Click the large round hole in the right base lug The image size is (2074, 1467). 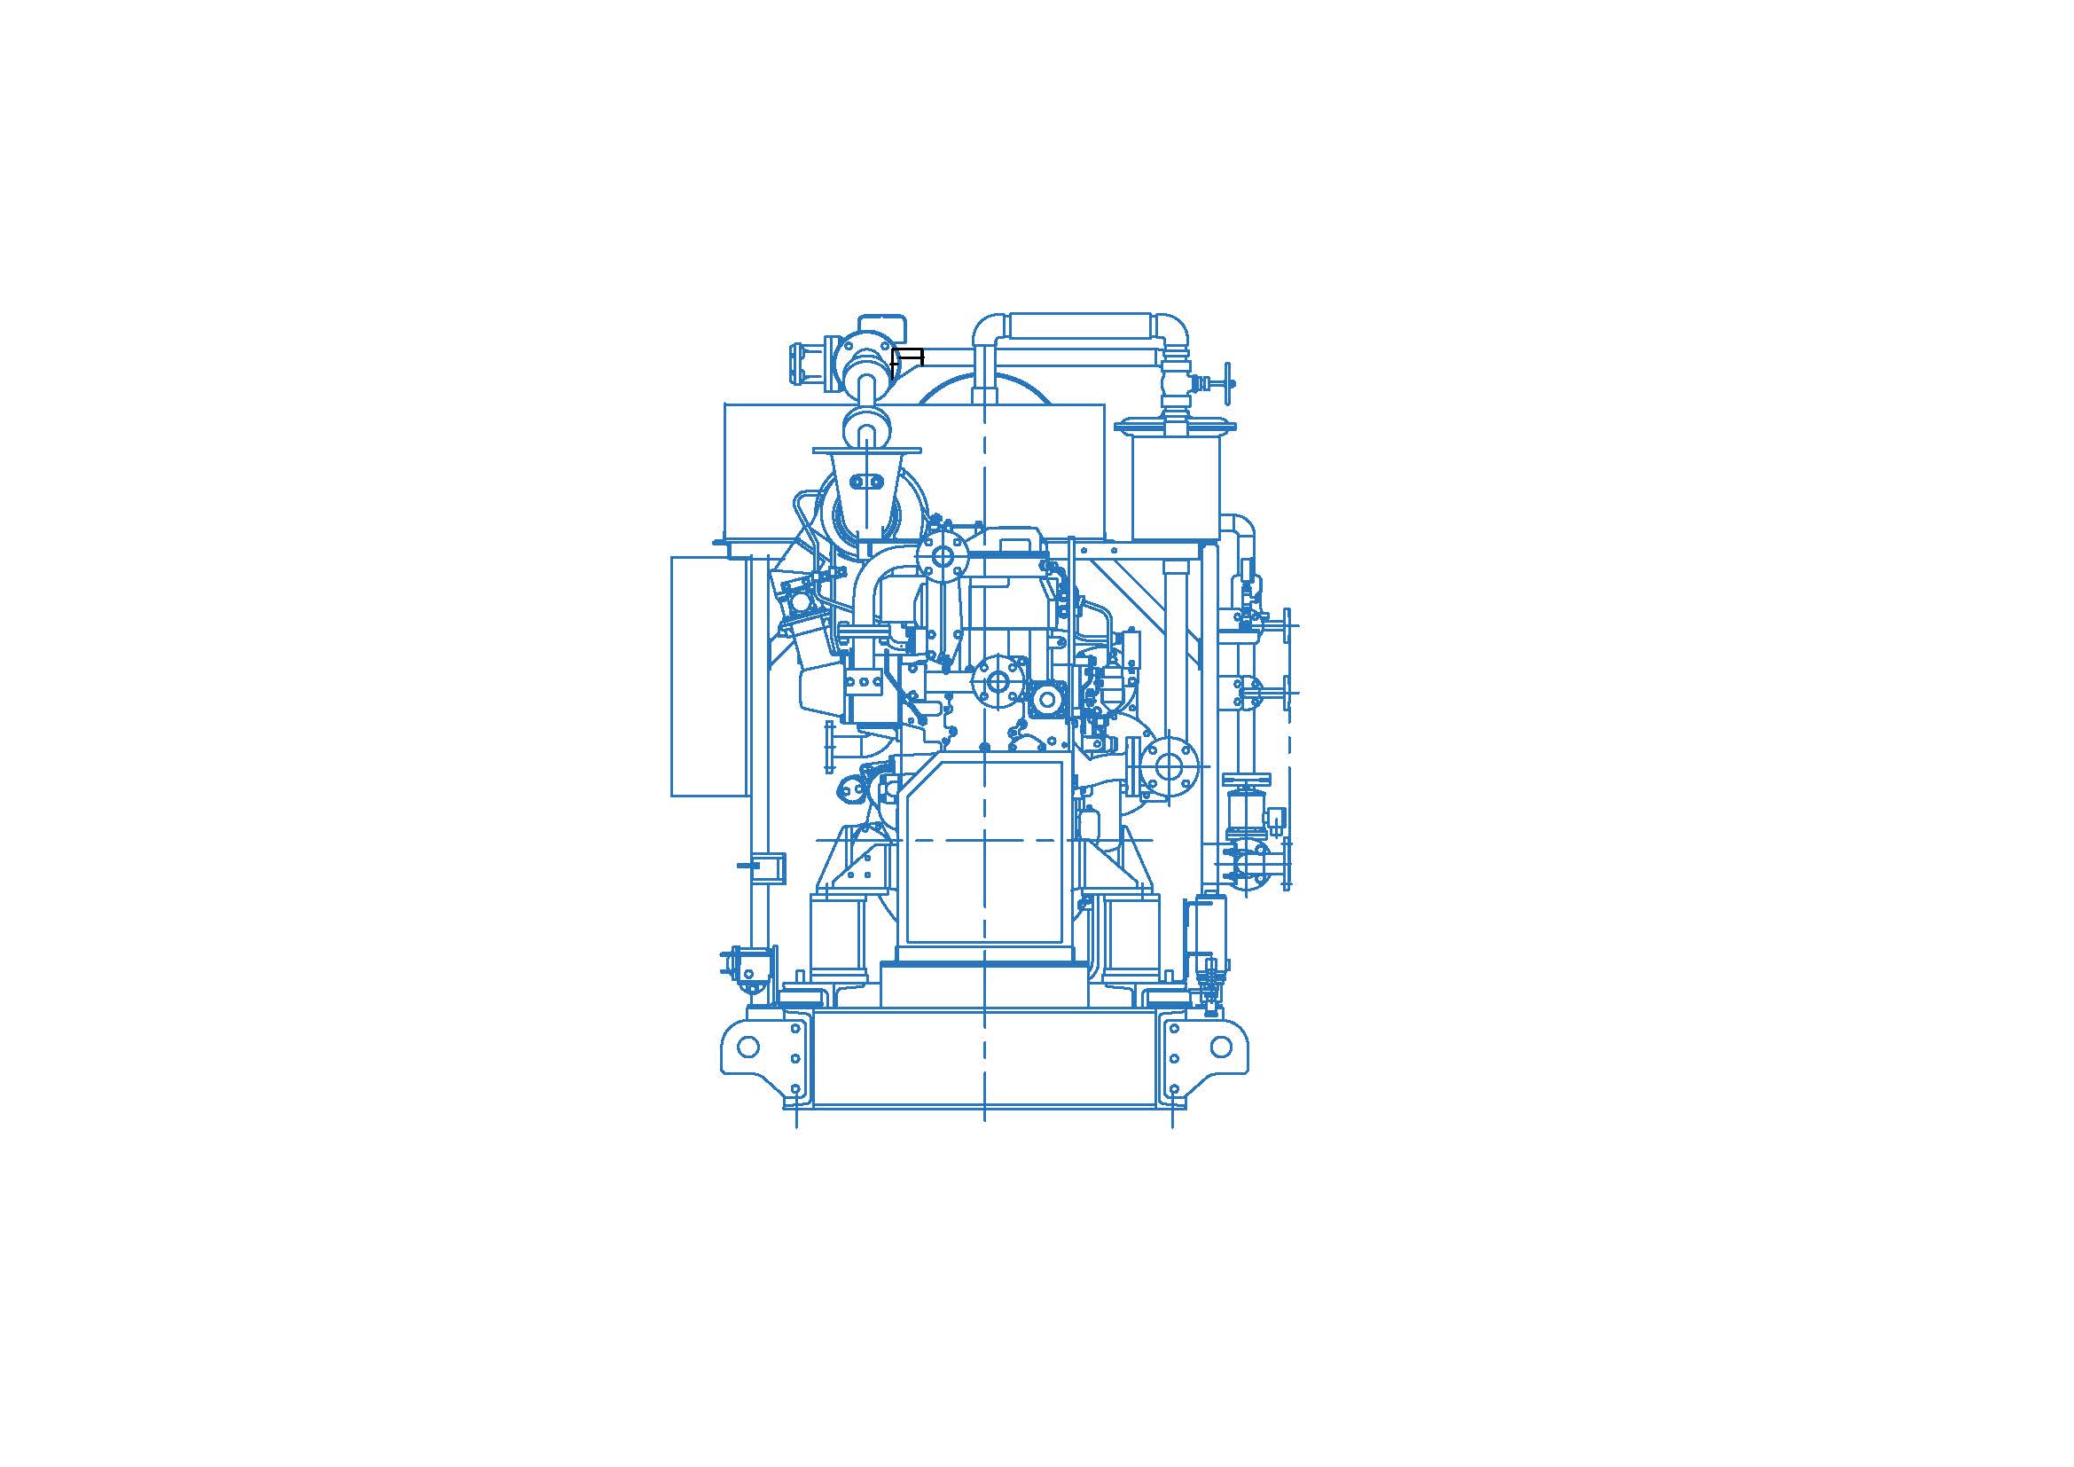click(x=1222, y=1047)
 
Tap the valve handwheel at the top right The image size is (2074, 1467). click(x=1225, y=385)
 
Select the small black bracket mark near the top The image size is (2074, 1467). click(x=907, y=359)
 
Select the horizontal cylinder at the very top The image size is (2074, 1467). click(x=1080, y=326)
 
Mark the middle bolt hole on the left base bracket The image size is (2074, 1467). click(x=795, y=1058)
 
